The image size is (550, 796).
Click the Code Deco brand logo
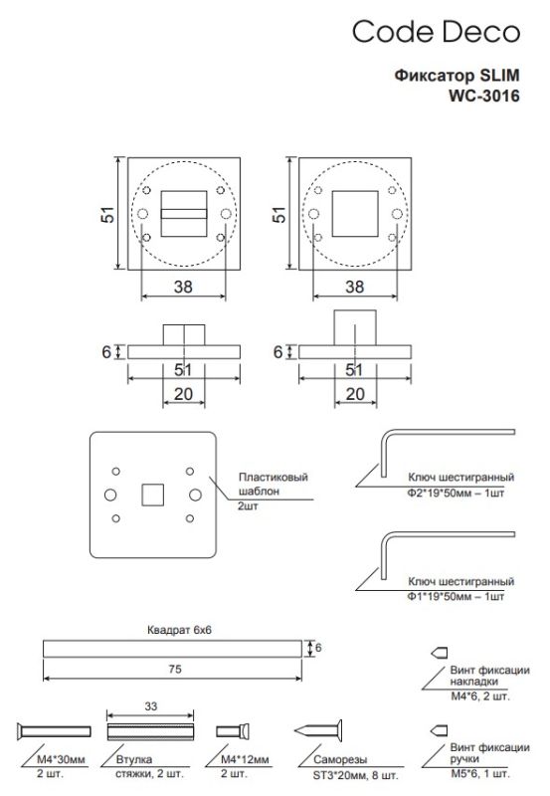437,33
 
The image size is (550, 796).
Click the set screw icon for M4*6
436,653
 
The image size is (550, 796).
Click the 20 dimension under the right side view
353,394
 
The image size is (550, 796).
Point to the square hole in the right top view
353,212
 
